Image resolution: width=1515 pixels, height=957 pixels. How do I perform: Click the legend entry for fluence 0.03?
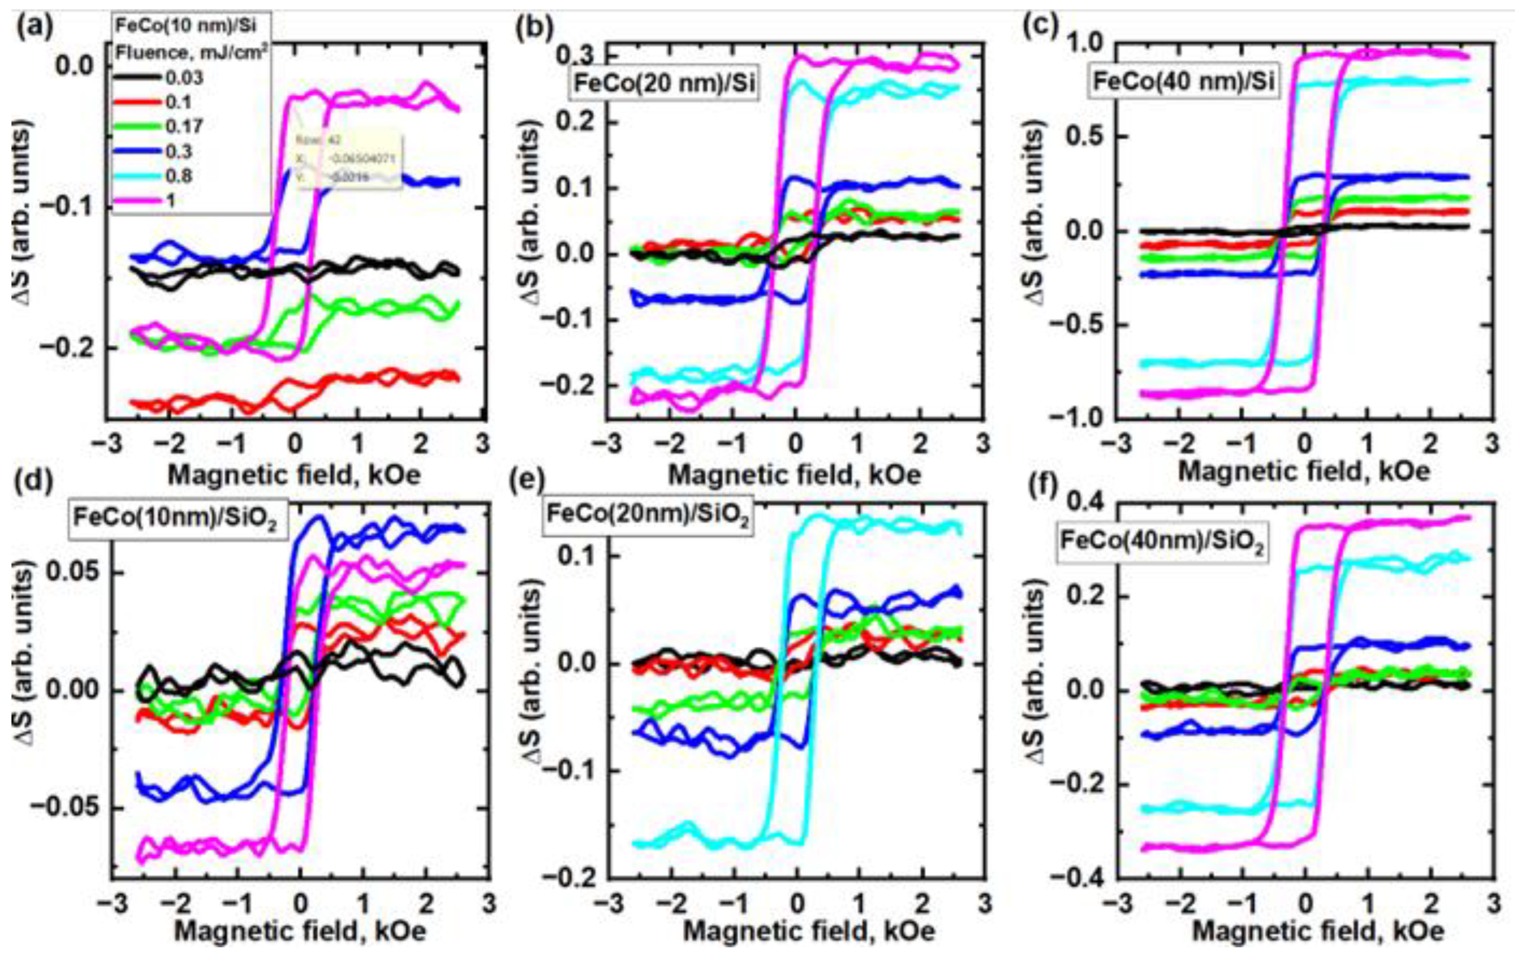[x=184, y=78]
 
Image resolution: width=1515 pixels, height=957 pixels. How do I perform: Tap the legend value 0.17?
[x=184, y=126]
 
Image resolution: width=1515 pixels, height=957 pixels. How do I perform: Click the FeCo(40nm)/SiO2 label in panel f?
[x=1161, y=542]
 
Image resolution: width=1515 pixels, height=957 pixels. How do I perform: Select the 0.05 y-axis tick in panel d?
[x=74, y=573]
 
